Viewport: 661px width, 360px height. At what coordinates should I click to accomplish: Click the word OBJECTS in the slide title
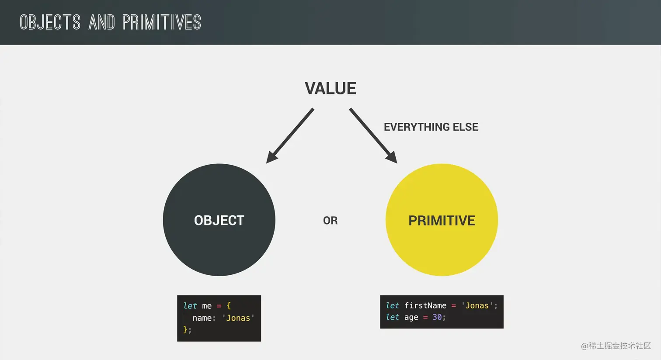pos(50,22)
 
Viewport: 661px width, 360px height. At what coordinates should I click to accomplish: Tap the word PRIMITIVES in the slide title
pos(162,22)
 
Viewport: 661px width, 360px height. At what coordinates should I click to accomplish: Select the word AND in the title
pos(101,22)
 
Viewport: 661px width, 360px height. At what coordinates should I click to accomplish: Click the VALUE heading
pos(330,88)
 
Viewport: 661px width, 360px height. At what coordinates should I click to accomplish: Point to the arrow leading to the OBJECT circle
pos(290,135)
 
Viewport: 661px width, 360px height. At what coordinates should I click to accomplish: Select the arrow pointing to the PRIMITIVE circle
pos(373,135)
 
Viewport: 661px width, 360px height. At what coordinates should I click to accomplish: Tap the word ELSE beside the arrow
pos(466,127)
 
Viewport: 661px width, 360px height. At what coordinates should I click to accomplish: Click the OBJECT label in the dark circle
pos(219,220)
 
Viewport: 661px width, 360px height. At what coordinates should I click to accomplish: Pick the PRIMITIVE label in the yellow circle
pos(442,221)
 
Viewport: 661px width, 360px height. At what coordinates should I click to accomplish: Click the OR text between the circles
pos(330,221)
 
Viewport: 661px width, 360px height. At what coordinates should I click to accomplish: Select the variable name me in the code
pos(207,306)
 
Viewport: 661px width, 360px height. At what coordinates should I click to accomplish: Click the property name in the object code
pos(202,318)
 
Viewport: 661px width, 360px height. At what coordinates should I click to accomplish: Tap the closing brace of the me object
pos(185,329)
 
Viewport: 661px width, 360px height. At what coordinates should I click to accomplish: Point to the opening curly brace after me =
pos(229,306)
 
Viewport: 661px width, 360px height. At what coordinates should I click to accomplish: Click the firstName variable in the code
pos(425,305)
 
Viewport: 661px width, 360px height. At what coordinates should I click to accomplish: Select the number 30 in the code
pos(437,317)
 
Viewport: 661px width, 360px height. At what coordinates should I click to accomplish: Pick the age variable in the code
pos(411,318)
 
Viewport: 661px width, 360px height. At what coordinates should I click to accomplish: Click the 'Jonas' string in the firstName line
pos(477,305)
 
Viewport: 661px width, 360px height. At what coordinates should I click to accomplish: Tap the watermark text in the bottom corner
pos(616,346)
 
